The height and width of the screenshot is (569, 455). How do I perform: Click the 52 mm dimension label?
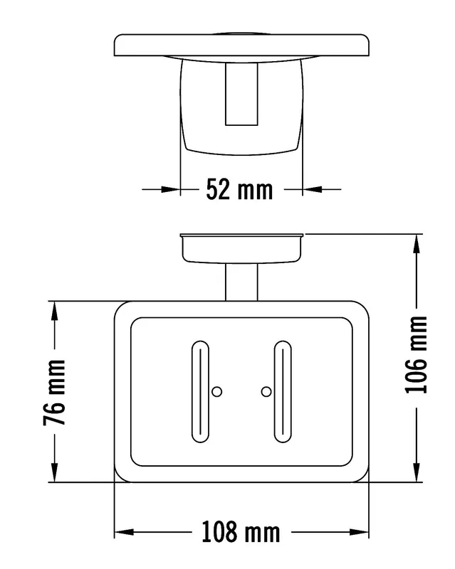pos(239,189)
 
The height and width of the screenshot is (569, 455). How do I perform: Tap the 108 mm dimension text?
pos(241,532)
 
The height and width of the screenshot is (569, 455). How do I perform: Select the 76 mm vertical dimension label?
pos(55,393)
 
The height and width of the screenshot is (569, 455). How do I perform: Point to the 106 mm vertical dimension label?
pos(417,355)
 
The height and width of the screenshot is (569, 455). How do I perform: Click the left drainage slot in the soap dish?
pos(200,392)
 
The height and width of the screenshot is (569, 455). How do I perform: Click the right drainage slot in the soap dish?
pos(283,392)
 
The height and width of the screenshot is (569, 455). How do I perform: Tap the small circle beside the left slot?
pos(217,392)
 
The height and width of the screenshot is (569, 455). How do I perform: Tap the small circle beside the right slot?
pos(266,392)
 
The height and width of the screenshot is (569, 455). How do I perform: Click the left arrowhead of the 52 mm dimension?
pos(171,189)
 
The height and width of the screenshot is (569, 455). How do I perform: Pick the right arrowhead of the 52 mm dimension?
pos(312,189)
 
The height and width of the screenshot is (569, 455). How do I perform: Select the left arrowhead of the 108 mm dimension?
pos(125,532)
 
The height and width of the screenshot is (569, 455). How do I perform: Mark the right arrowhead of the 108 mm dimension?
pos(359,532)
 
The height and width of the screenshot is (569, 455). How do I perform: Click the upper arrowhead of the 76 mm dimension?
pos(55,311)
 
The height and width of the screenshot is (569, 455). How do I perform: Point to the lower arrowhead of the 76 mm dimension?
pos(55,472)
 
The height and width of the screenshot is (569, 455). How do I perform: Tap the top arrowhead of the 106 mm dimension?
pos(417,244)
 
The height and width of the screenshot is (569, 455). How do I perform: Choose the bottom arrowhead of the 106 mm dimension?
pos(417,472)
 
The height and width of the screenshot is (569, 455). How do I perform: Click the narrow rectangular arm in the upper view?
pos(241,94)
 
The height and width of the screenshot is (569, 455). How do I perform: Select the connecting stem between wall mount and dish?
pos(241,282)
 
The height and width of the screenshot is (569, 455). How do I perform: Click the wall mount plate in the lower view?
pos(241,248)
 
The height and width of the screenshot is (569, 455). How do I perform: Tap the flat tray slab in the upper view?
pos(241,45)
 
